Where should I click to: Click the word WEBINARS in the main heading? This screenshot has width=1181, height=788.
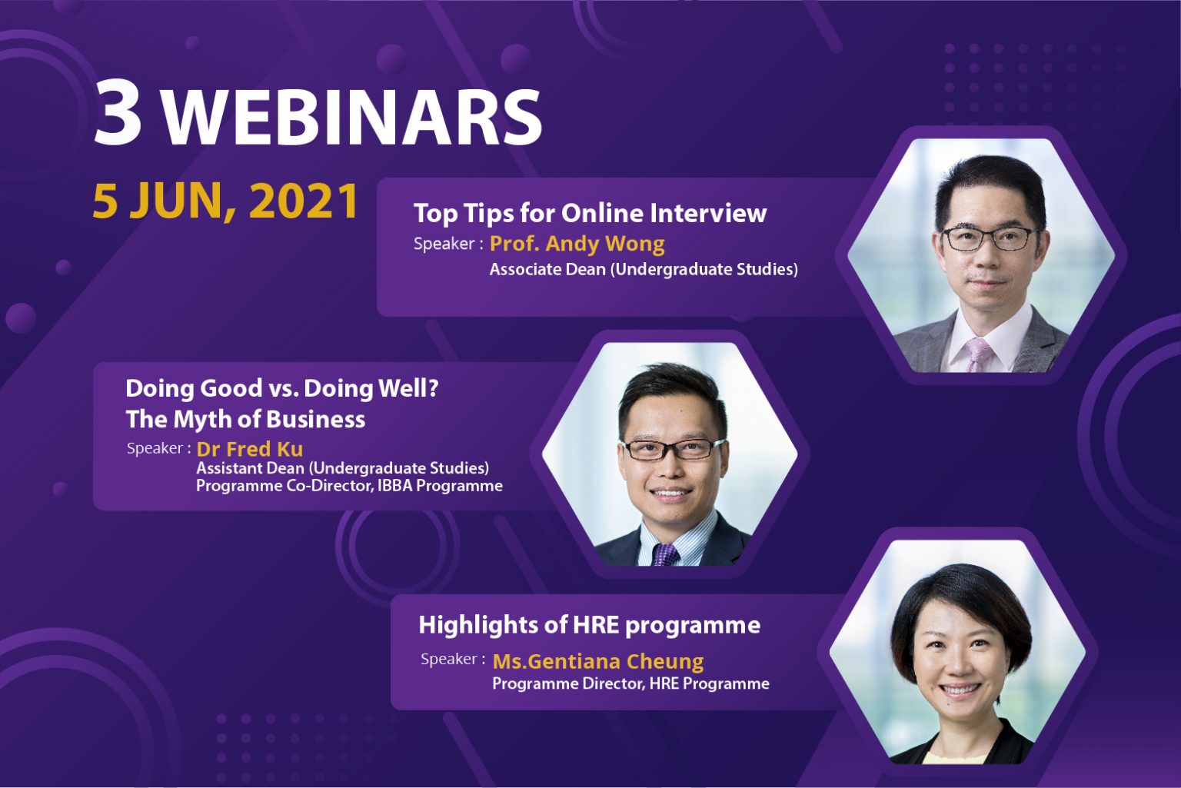click(351, 116)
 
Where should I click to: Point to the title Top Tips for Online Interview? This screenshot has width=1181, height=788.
click(590, 213)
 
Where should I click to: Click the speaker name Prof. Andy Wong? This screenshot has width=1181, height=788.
click(577, 244)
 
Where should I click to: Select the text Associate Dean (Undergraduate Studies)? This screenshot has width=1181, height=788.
click(644, 269)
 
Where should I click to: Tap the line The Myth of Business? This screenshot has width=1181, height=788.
click(245, 420)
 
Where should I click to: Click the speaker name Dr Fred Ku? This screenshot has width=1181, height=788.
click(249, 449)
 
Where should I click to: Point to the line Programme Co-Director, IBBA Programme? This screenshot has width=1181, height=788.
click(349, 485)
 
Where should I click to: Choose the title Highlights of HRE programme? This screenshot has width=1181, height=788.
click(590, 626)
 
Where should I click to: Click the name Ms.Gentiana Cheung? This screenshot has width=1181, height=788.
click(598, 661)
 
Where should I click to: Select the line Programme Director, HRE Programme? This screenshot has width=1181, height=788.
click(630, 683)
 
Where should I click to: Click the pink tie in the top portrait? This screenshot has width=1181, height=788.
click(979, 355)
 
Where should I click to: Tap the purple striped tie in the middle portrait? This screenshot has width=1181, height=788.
click(666, 554)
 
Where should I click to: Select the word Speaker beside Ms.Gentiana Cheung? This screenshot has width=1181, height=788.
click(449, 659)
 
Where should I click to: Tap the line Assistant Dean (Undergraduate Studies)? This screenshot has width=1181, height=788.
click(343, 468)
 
